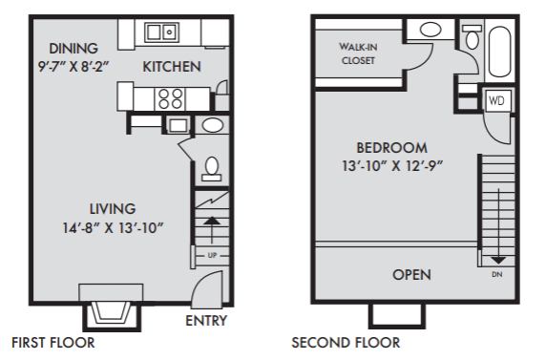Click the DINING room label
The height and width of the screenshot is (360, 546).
tap(73, 49)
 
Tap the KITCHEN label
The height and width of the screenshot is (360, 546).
tap(172, 67)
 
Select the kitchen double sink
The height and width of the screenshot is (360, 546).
tap(161, 32)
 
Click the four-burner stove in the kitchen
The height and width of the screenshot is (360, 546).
tap(170, 99)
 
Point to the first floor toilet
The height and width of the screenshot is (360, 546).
tap(212, 169)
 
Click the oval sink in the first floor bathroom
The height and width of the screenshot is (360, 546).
tap(213, 125)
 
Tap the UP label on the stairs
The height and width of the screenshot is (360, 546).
tap(212, 256)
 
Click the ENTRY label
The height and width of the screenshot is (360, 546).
tap(206, 321)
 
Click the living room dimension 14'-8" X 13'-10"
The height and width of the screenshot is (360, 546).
tap(113, 228)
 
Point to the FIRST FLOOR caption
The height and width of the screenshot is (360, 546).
tap(53, 343)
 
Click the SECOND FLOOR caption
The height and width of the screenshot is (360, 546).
tap(346, 343)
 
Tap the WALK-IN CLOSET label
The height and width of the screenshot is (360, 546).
tap(358, 53)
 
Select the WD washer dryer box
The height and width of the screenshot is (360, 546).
tap(496, 100)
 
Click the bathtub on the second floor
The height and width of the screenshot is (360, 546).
tap(499, 52)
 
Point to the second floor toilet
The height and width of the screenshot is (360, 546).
tap(472, 36)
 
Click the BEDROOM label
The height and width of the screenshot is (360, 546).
tap(391, 148)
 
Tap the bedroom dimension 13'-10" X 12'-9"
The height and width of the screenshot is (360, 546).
tap(392, 166)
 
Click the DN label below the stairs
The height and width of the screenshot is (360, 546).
tap(497, 275)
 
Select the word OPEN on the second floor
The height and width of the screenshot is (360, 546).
tap(412, 275)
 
